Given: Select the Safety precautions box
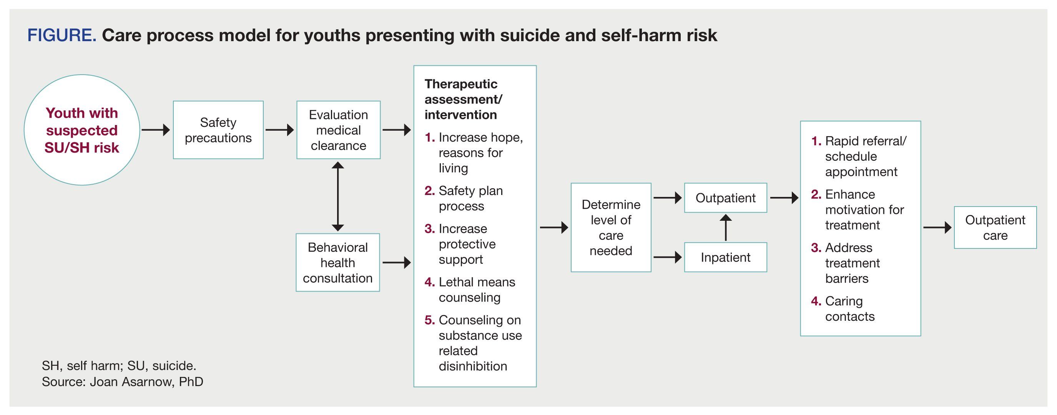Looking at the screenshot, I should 218,130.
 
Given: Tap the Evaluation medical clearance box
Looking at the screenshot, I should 338,130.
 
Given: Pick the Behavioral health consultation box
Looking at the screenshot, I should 337,262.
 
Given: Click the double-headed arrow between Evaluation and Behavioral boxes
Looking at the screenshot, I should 338,196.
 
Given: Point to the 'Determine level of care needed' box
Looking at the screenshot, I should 611,227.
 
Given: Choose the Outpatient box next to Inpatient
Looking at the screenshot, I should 725,198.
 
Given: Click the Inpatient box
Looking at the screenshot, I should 725,257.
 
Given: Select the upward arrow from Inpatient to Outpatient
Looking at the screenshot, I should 725,227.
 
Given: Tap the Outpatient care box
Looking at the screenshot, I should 995,227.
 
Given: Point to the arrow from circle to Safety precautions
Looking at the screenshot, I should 156,130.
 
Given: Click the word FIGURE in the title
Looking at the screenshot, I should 61,35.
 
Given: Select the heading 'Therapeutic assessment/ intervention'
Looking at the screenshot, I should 463,99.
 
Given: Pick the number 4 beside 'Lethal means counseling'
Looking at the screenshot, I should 429,282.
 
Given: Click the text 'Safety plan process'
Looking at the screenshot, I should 470,198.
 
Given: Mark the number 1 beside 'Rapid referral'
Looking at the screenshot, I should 816,141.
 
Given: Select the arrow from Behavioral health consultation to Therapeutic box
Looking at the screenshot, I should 396,262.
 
